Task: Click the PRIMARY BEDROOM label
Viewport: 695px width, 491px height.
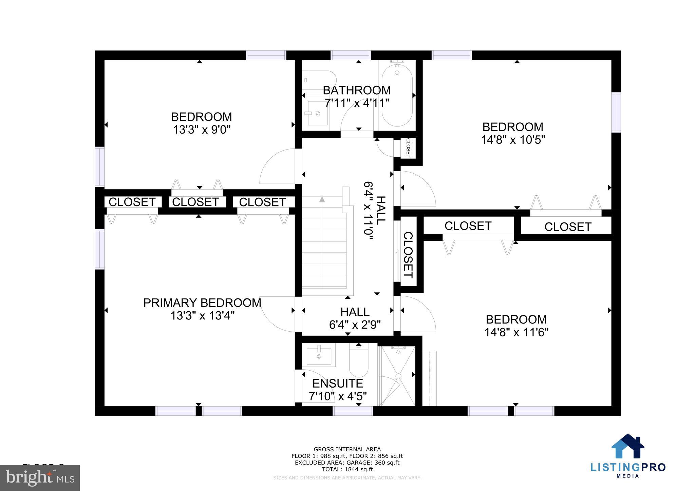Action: [x=202, y=303]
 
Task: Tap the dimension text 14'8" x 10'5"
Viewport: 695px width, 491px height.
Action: [x=513, y=140]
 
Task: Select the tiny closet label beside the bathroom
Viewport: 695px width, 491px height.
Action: [x=408, y=148]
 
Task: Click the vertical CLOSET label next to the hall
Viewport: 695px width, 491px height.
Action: [x=408, y=255]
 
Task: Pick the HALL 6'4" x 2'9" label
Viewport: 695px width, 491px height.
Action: [x=355, y=318]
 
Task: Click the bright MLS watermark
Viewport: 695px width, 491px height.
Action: [x=40, y=478]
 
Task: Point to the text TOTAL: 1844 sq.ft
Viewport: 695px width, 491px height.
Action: [x=347, y=469]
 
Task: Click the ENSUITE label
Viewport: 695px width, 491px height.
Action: [x=338, y=384]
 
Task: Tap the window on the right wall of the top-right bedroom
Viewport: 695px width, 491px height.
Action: [x=616, y=112]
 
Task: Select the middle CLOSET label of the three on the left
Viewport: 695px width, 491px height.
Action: [x=195, y=202]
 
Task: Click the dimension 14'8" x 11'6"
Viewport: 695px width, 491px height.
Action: [x=516, y=332]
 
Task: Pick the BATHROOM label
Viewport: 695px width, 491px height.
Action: [x=357, y=90]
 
